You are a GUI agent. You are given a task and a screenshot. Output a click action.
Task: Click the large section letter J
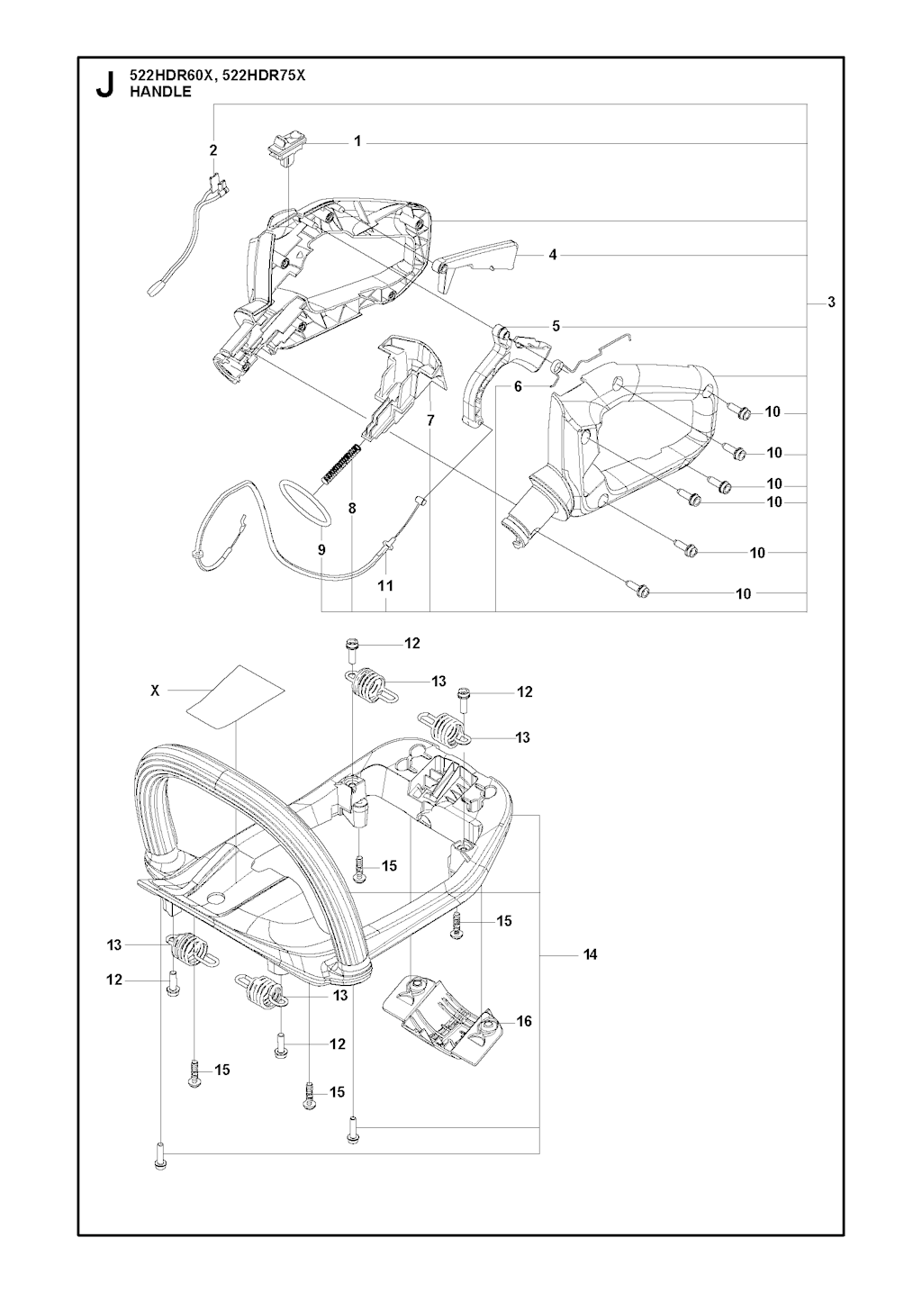tap(104, 85)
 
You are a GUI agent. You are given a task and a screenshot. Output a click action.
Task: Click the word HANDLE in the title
tap(160, 91)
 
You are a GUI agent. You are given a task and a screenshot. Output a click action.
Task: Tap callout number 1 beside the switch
tap(357, 141)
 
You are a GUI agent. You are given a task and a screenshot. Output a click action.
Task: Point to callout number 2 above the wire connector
tap(213, 150)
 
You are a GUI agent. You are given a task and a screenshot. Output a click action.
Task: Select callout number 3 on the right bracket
tap(831, 302)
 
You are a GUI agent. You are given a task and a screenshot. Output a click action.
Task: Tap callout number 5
tap(556, 327)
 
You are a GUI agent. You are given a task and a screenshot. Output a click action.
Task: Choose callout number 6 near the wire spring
tap(518, 387)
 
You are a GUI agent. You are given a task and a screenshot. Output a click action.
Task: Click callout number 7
tap(430, 420)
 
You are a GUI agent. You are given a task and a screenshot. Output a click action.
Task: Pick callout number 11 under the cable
tap(384, 585)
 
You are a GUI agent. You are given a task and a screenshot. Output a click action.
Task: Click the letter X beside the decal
tap(155, 691)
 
